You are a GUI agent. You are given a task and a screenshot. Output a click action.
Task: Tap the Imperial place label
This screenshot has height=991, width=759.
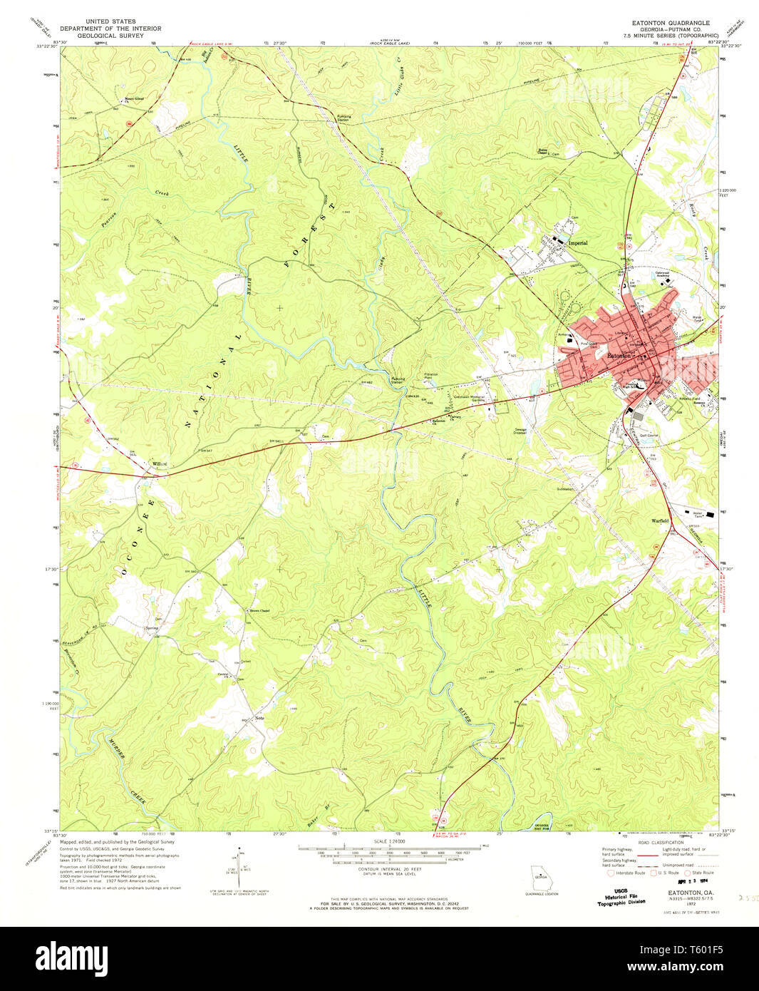[578, 243]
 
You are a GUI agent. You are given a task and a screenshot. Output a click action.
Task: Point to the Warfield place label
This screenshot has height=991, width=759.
[660, 520]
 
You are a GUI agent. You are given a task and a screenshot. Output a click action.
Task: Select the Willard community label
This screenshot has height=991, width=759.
[159, 464]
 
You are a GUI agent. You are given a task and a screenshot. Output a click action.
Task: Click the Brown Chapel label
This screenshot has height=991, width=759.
[259, 611]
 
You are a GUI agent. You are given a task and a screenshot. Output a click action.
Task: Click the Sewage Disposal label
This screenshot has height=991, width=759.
[520, 431]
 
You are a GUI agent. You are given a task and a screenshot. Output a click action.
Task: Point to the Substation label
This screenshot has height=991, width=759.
[565, 490]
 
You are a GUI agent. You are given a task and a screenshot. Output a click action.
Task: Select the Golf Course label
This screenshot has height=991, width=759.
[649, 435]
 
